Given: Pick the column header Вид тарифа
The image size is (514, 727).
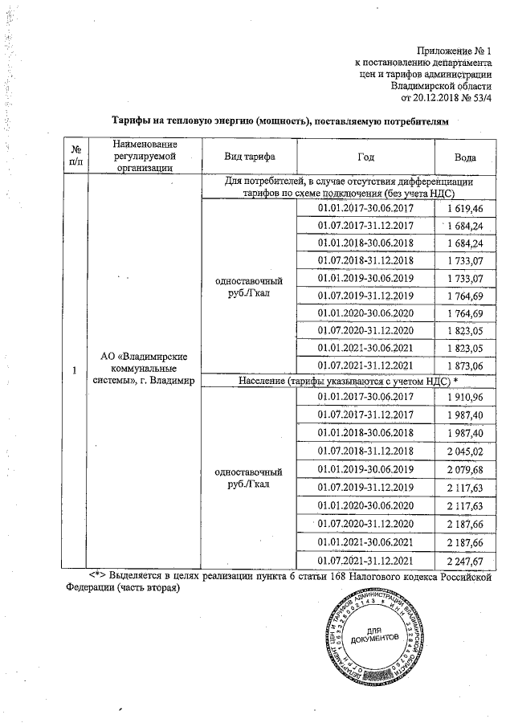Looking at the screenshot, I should pos(248,156).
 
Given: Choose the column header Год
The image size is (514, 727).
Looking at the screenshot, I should pos(365,156).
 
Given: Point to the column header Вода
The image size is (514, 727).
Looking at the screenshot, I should pos(463,156).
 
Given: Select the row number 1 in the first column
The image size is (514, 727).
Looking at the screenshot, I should pos(75,370).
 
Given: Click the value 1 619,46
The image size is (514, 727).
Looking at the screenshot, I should pos(463,207).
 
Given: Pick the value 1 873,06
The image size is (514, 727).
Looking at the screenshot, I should pos(463,366).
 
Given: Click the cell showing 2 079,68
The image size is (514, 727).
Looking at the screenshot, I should pos(463,468).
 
